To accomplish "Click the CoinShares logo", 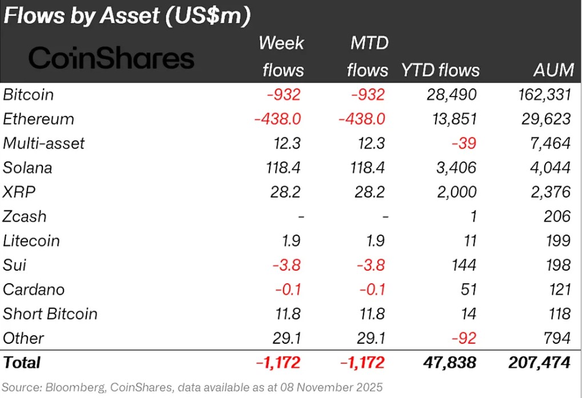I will pyautogui.click(x=111, y=58).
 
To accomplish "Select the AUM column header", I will pyautogui.click(x=552, y=70).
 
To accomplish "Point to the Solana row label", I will pyautogui.click(x=27, y=168).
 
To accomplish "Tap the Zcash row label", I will pyautogui.click(x=25, y=216).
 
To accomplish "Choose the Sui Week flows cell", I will pyautogui.click(x=289, y=265).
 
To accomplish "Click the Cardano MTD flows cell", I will pyautogui.click(x=373, y=290).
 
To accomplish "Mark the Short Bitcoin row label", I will pyautogui.click(x=50, y=313).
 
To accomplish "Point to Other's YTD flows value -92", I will pyautogui.click(x=464, y=338).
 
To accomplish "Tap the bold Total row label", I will pyautogui.click(x=22, y=362).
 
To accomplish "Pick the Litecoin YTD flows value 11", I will pyautogui.click(x=471, y=241).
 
